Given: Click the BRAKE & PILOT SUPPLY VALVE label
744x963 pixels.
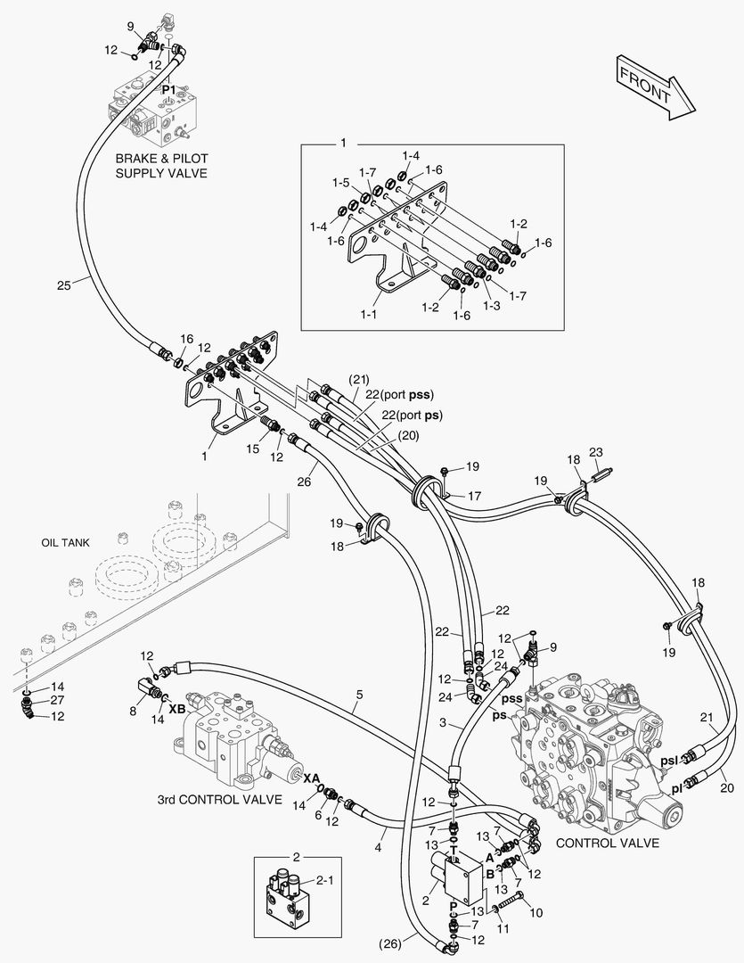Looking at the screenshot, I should pos(161,165).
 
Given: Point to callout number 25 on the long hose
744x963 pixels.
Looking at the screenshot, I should pos(63,284).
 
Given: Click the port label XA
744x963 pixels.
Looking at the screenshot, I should pos(311,778).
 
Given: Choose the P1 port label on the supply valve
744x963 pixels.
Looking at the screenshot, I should pos(169,90).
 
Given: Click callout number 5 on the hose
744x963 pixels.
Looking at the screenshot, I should pos(360,694).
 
